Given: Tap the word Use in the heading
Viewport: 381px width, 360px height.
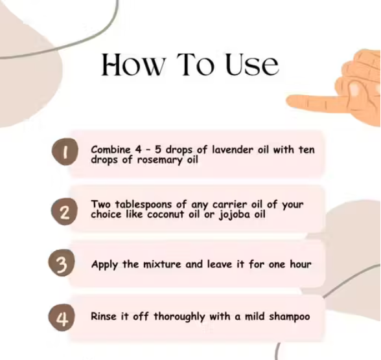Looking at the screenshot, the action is (x=253, y=65).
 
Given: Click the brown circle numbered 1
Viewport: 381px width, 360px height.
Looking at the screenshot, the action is (x=65, y=152).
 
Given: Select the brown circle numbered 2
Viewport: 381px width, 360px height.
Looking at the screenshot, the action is (x=64, y=212).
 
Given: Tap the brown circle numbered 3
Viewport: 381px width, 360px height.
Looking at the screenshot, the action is (x=62, y=263).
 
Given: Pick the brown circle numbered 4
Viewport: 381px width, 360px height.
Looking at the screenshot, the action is (x=62, y=317).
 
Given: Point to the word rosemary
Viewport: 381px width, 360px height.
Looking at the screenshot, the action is (x=160, y=160).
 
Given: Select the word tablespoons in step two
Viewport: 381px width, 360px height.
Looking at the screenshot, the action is (x=143, y=205).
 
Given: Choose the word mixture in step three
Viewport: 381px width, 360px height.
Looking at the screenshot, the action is (x=162, y=264).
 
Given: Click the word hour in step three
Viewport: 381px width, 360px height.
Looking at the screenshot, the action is (x=301, y=264).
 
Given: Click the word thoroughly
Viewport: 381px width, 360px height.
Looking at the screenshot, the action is (x=179, y=317).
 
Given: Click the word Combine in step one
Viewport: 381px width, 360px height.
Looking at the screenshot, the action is (x=111, y=150).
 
